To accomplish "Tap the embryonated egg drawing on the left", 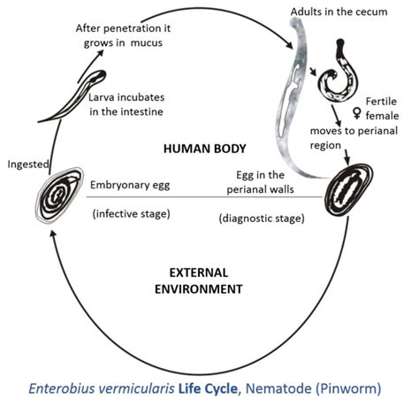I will [x=60, y=202].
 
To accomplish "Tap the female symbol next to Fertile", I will [x=359, y=111].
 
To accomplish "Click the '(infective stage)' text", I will [x=129, y=213].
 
